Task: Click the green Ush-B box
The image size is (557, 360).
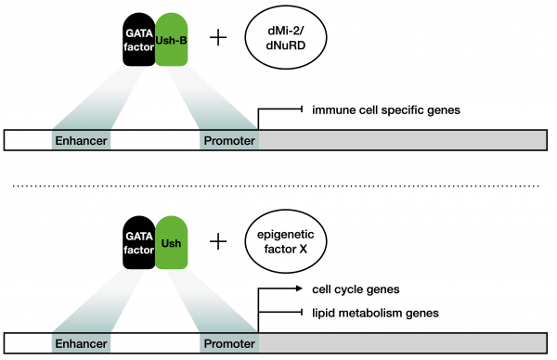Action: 173,42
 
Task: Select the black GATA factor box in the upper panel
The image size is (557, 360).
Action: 139,42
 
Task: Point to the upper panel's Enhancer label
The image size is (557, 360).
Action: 81,141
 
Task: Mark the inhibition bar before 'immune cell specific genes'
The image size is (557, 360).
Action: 304,110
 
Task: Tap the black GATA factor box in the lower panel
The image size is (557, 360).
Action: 139,242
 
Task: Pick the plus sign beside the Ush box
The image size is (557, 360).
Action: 219,242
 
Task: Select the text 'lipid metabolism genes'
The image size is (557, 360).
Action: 373,313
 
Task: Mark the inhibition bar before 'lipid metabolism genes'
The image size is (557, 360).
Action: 304,313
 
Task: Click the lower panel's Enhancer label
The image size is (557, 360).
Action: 81,343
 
